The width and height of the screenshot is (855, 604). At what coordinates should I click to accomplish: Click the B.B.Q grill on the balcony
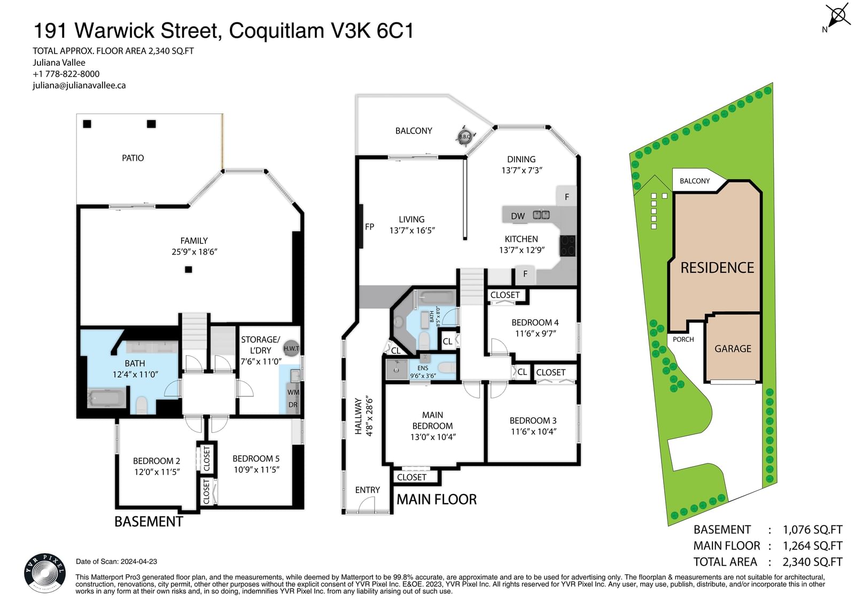pyautogui.click(x=465, y=136)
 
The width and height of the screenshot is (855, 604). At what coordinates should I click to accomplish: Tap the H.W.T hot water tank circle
pyautogui.click(x=291, y=348)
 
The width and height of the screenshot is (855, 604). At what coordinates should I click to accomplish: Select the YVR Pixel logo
pyautogui.click(x=45, y=573)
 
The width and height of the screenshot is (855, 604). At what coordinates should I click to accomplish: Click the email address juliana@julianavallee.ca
pyautogui.click(x=79, y=85)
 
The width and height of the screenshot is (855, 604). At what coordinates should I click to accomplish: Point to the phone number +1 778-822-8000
pyautogui.click(x=66, y=74)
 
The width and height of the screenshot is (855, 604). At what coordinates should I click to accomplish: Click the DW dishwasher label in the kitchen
pyautogui.click(x=518, y=216)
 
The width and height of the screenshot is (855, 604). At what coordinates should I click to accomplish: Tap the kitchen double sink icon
pyautogui.click(x=541, y=215)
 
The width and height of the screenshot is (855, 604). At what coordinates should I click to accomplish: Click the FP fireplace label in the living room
pyautogui.click(x=369, y=226)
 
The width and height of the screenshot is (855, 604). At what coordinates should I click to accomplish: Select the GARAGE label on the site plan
pyautogui.click(x=733, y=348)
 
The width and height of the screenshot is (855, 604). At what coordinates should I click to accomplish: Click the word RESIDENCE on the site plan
pyautogui.click(x=717, y=268)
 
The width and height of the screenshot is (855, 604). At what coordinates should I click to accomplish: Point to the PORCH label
pyautogui.click(x=683, y=339)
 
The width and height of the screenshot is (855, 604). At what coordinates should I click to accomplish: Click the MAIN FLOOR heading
pyautogui.click(x=437, y=499)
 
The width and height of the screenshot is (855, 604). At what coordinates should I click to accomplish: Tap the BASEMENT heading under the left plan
pyautogui.click(x=149, y=521)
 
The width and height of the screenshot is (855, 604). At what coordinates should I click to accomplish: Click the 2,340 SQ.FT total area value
pyautogui.click(x=812, y=562)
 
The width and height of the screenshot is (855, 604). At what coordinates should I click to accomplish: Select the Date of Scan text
pyautogui.click(x=116, y=561)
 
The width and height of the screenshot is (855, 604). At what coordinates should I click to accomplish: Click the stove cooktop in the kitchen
pyautogui.click(x=568, y=245)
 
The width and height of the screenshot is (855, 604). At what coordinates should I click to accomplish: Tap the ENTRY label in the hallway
pyautogui.click(x=367, y=490)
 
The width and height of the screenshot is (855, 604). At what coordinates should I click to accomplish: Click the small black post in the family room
pyautogui.click(x=189, y=269)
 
